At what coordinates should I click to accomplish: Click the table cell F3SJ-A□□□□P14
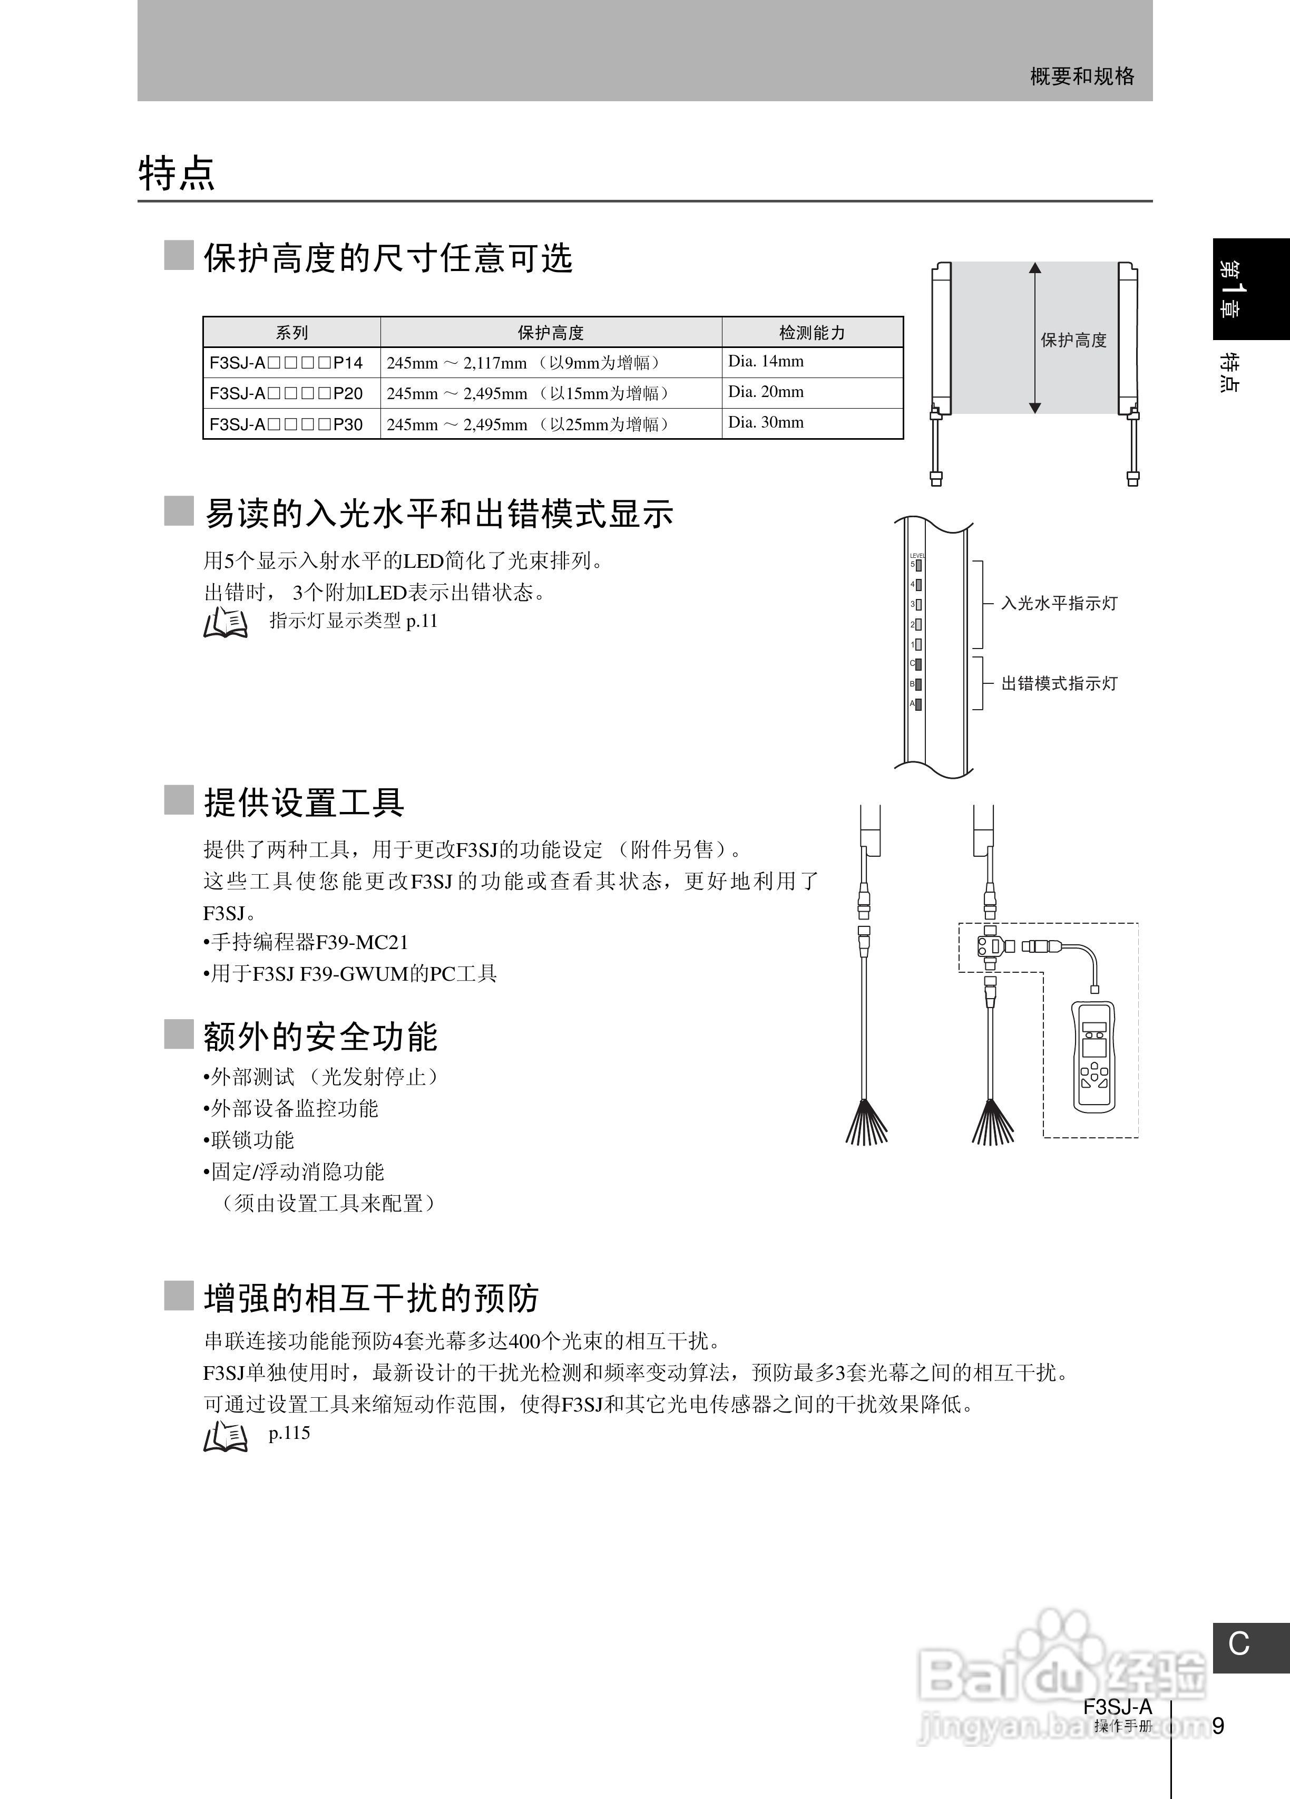point(286,363)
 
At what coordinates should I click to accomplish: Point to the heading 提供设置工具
point(305,802)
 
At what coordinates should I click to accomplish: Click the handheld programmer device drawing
point(1093,1057)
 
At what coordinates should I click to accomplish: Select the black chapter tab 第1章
point(1250,289)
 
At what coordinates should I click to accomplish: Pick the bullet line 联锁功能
point(249,1140)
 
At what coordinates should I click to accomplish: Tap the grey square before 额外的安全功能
point(179,1034)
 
